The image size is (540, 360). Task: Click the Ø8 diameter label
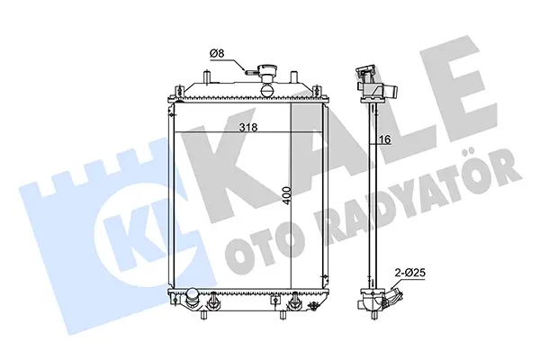[217, 53]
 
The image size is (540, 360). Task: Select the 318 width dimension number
[248, 128]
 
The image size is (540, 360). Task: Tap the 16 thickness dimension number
[385, 139]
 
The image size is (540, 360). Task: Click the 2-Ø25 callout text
[409, 273]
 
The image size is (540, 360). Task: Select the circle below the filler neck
[267, 90]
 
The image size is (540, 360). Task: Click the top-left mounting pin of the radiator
[206, 76]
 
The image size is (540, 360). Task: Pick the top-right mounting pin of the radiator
[293, 76]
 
